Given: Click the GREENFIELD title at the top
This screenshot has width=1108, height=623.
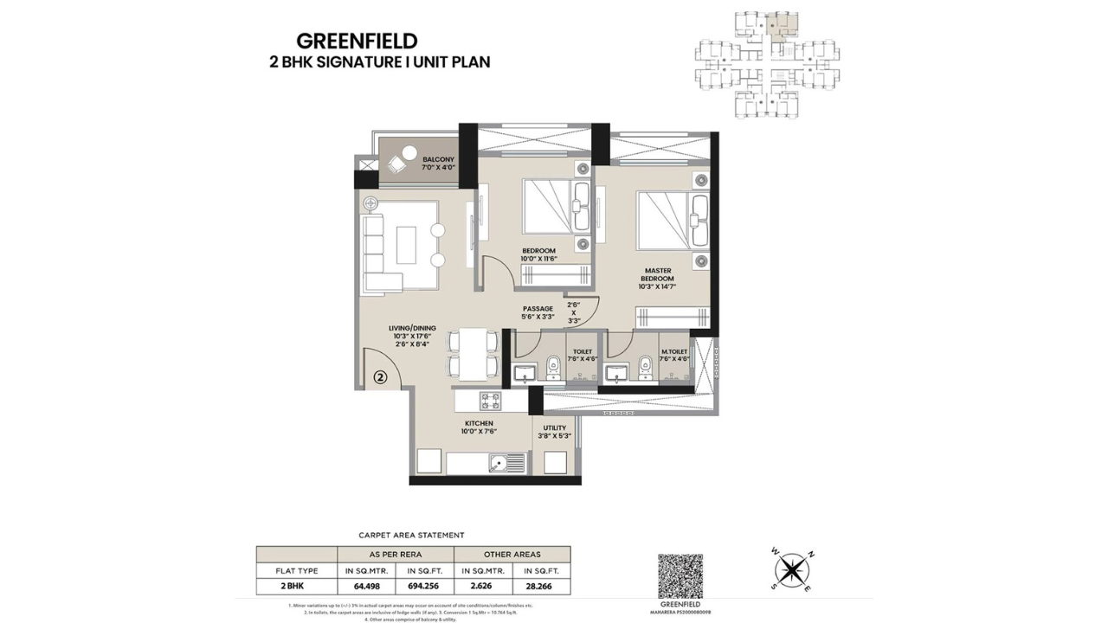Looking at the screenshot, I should tap(357, 41).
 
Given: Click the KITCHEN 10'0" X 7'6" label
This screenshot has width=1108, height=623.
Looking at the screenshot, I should tap(479, 428).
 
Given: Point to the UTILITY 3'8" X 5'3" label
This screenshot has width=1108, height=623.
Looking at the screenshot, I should tap(555, 432).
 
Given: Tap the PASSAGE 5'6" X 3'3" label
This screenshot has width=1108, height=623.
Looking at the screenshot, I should tap(538, 312).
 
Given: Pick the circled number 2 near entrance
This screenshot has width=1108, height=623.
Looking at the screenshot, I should tap(381, 377).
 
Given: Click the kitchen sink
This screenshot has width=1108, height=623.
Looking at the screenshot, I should tap(504, 463).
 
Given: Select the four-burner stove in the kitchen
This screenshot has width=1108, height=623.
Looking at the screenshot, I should tap(491, 401).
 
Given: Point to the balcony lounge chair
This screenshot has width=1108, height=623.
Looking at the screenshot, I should tap(402, 162).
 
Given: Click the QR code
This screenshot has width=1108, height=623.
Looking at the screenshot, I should tap(680, 576).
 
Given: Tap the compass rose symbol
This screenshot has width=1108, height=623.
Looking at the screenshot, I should tap(789, 569).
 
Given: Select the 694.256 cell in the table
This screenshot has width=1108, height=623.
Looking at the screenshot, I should tap(424, 585).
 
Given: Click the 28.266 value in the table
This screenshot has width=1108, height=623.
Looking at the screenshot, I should tap(541, 585).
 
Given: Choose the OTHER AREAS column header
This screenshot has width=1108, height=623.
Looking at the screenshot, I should tap(512, 554).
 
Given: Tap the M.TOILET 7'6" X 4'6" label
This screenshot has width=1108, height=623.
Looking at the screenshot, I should tap(673, 355).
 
